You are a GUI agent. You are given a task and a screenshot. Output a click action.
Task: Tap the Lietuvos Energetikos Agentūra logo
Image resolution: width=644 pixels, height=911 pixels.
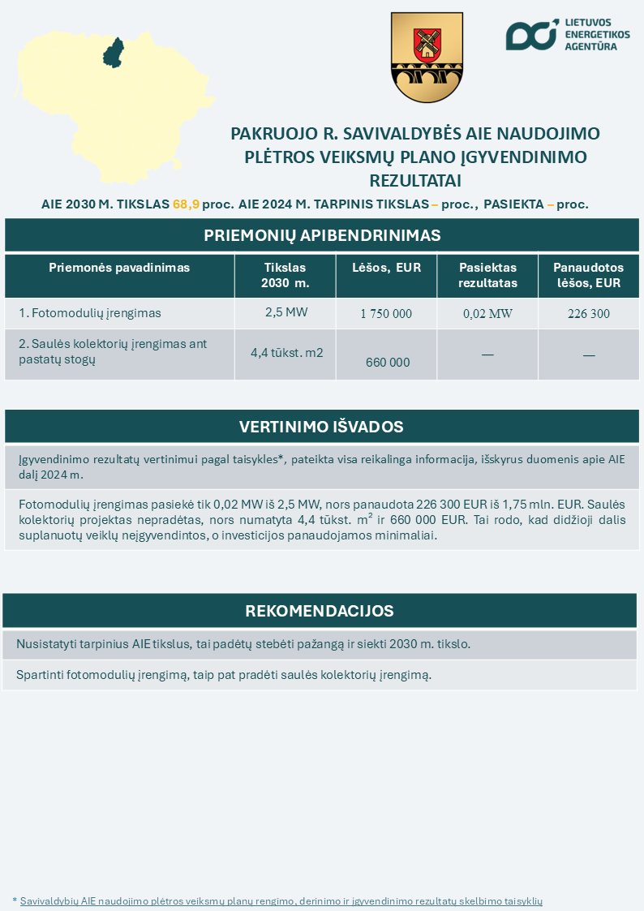click(567, 34)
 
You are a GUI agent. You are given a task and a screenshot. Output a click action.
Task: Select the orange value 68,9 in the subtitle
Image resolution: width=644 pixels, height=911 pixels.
click(186, 204)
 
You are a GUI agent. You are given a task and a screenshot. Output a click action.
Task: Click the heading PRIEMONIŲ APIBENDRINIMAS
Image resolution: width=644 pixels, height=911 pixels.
click(322, 235)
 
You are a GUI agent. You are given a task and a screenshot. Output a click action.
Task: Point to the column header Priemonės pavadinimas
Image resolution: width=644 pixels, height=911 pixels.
click(119, 268)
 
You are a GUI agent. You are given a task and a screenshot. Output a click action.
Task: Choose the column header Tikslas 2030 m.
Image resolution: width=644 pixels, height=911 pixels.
click(286, 275)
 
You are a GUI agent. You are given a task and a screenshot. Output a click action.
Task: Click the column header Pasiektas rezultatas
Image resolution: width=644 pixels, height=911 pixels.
click(487, 275)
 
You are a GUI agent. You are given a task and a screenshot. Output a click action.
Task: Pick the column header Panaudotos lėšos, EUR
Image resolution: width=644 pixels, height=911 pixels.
click(589, 275)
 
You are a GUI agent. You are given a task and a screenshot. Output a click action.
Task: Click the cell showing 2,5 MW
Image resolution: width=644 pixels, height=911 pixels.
click(286, 312)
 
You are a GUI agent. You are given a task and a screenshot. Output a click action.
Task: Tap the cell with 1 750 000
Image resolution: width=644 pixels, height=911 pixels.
click(386, 314)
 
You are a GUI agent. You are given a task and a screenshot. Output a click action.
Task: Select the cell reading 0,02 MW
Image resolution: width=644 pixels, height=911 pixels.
click(487, 314)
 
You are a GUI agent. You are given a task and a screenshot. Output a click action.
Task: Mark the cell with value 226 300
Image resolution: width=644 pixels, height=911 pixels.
click(589, 314)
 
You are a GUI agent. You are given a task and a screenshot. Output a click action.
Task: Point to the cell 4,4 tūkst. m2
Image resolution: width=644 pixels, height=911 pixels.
click(286, 352)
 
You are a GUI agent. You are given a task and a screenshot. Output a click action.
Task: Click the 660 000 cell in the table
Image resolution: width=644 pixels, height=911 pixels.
click(388, 363)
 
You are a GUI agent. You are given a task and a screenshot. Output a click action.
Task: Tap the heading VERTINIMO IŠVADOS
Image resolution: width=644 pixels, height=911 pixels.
click(321, 427)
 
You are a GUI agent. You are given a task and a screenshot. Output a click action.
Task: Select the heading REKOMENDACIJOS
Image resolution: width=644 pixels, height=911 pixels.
click(320, 611)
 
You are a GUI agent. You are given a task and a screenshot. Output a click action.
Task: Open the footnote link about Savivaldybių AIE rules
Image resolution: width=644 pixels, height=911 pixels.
click(281, 901)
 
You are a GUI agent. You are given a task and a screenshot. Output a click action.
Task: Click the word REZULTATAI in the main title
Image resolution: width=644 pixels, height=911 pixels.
click(415, 179)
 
